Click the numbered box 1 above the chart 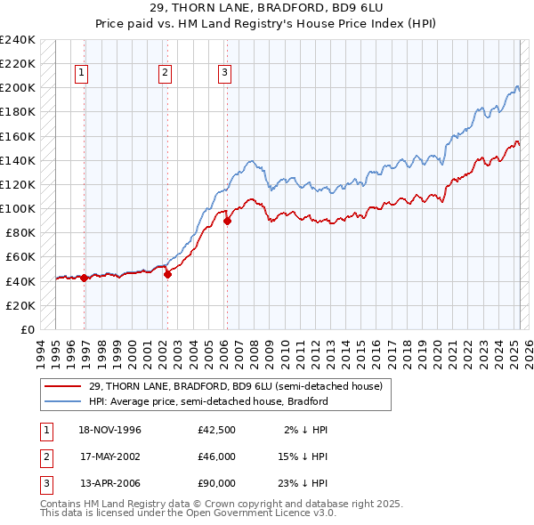pyautogui.click(x=81, y=74)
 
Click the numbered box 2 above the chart pyautogui.click(x=166, y=74)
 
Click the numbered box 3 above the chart pyautogui.click(x=224, y=74)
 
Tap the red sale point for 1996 pyautogui.click(x=85, y=278)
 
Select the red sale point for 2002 pyautogui.click(x=168, y=274)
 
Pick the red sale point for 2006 pyautogui.click(x=227, y=221)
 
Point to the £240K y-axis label pyautogui.click(x=18, y=40)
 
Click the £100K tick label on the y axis pyautogui.click(x=18, y=209)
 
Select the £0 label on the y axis pyautogui.click(x=28, y=329)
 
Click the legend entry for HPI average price pyautogui.click(x=207, y=401)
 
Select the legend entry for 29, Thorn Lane pyautogui.click(x=235, y=386)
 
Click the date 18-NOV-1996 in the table pyautogui.click(x=110, y=430)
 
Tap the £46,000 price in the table pyautogui.click(x=217, y=456)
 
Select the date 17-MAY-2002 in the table pyautogui.click(x=110, y=456)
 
